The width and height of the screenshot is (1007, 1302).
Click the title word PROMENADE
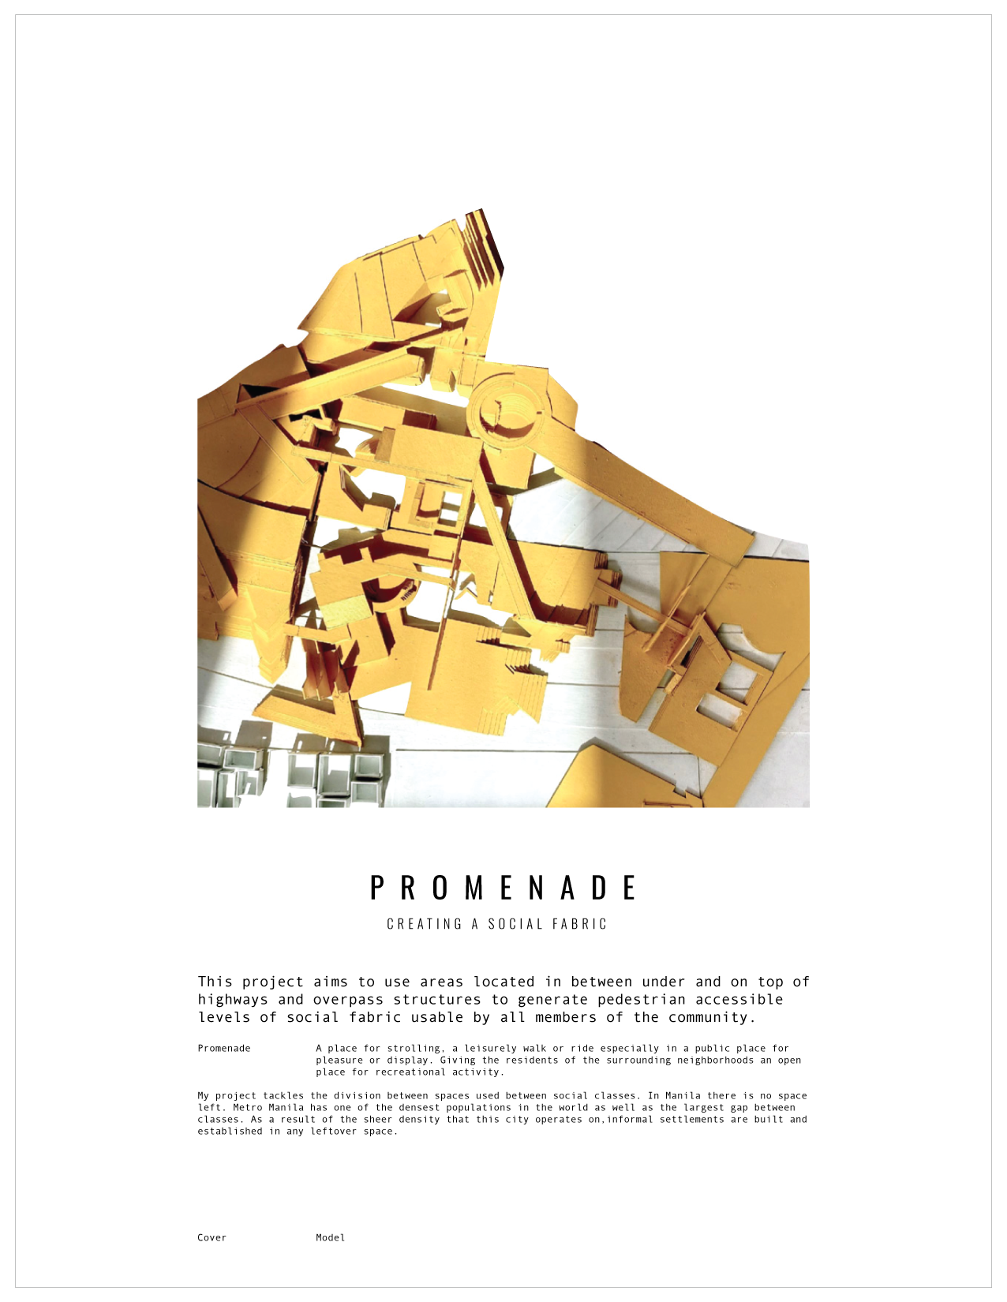click(503, 888)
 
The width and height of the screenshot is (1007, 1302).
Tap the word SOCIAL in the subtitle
click(515, 924)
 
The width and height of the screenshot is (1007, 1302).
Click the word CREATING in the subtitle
click(425, 924)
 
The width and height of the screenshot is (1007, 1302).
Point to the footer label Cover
click(212, 1237)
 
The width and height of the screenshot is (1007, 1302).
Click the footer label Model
click(330, 1237)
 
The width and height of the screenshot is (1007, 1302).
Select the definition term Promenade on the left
click(224, 1048)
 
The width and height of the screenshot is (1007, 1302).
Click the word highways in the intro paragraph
click(233, 1000)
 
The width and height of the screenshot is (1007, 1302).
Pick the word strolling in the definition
click(416, 1048)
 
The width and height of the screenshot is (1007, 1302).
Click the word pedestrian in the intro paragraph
click(642, 1000)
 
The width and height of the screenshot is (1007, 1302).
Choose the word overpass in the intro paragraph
click(348, 1000)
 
